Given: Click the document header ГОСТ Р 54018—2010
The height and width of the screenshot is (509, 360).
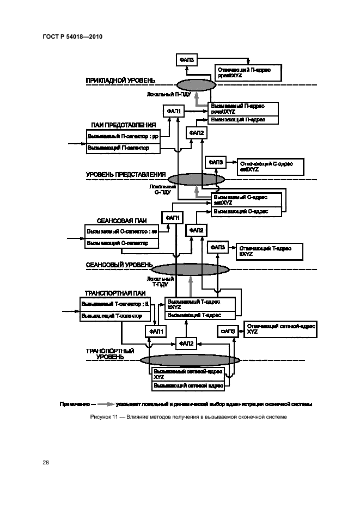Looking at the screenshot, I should [72, 36].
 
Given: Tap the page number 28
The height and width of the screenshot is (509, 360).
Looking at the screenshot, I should [46, 462].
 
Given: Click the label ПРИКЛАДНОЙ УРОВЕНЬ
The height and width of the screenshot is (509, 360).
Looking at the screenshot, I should [120, 80].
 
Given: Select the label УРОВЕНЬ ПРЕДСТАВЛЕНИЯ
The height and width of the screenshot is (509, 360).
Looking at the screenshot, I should [126, 175].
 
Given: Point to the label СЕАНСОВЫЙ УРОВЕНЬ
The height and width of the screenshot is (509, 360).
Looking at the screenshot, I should [119, 265].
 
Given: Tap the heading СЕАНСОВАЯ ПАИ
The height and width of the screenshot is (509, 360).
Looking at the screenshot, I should [121, 220].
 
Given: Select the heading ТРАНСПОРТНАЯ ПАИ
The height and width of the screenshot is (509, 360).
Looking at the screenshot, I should [111, 292].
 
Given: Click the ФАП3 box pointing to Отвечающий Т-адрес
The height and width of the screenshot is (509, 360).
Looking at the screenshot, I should [217, 247].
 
